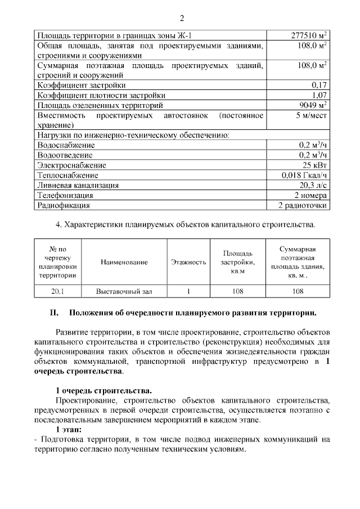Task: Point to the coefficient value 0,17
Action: (x=319, y=85)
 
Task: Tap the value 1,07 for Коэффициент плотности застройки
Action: (x=319, y=95)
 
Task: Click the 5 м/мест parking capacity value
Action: (x=311, y=115)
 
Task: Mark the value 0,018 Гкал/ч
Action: (x=304, y=175)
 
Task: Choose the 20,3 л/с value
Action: (x=313, y=185)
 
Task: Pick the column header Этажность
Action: (x=188, y=262)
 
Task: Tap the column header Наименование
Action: (x=124, y=262)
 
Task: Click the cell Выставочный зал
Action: (x=124, y=291)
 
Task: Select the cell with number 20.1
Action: (x=57, y=291)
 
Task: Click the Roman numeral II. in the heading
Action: (x=55, y=312)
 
